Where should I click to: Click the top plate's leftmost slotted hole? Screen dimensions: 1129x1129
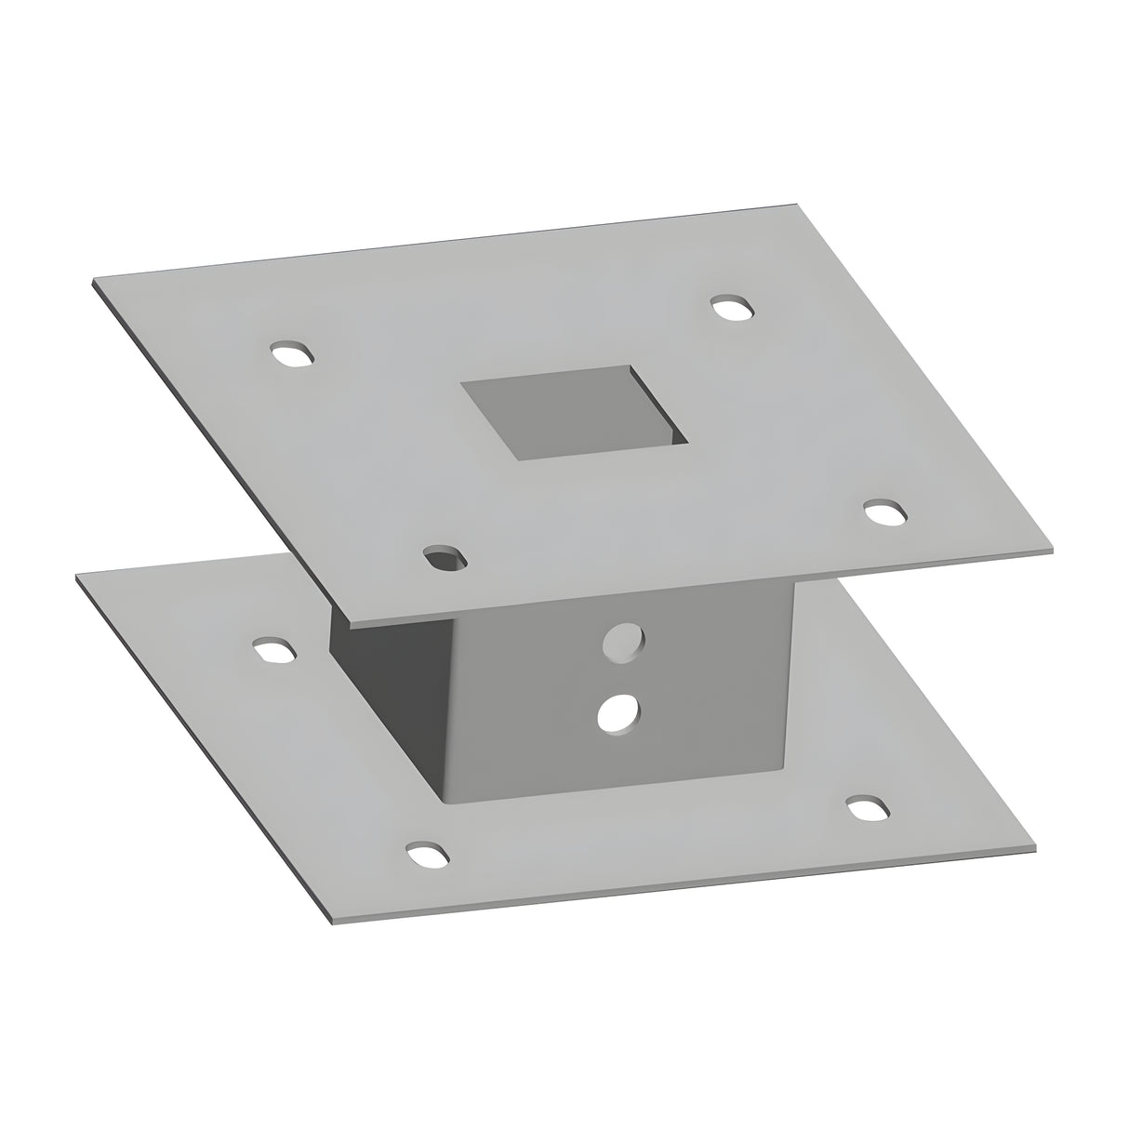[291, 355]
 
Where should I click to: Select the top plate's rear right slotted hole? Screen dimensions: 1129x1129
[732, 308]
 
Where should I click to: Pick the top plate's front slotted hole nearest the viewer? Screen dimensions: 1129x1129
[445, 558]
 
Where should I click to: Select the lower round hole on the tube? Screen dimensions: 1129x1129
[618, 712]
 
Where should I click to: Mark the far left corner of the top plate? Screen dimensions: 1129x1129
[94, 278]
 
